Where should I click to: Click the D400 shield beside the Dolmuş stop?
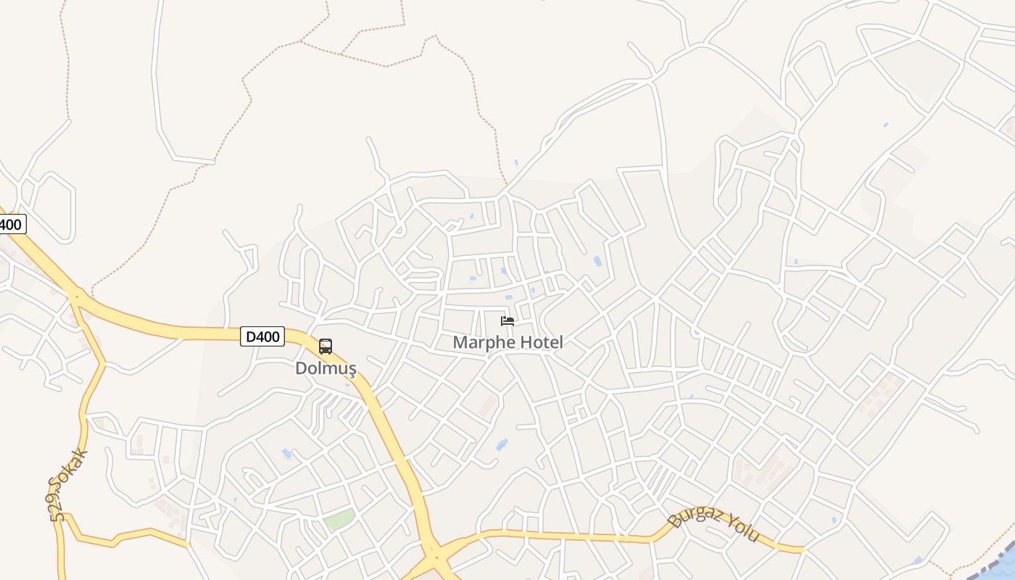pyautogui.click(x=262, y=336)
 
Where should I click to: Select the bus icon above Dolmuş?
pyautogui.click(x=326, y=347)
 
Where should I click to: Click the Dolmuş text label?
pyautogui.click(x=326, y=368)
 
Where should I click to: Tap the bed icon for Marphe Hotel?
pyautogui.click(x=507, y=321)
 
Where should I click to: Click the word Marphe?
pyautogui.click(x=481, y=342)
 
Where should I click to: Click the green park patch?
pyautogui.click(x=339, y=519)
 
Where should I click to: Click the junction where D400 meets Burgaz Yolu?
pyautogui.click(x=435, y=557)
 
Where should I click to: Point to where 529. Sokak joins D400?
pyautogui.click(x=75, y=295)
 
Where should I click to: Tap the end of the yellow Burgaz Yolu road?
pyautogui.click(x=803, y=550)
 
